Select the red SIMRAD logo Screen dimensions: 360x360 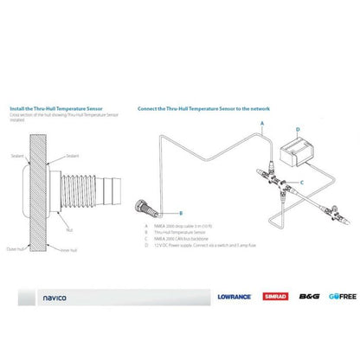[276, 296]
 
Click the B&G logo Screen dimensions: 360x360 [308, 296]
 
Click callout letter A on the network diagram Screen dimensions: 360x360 [261, 124]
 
